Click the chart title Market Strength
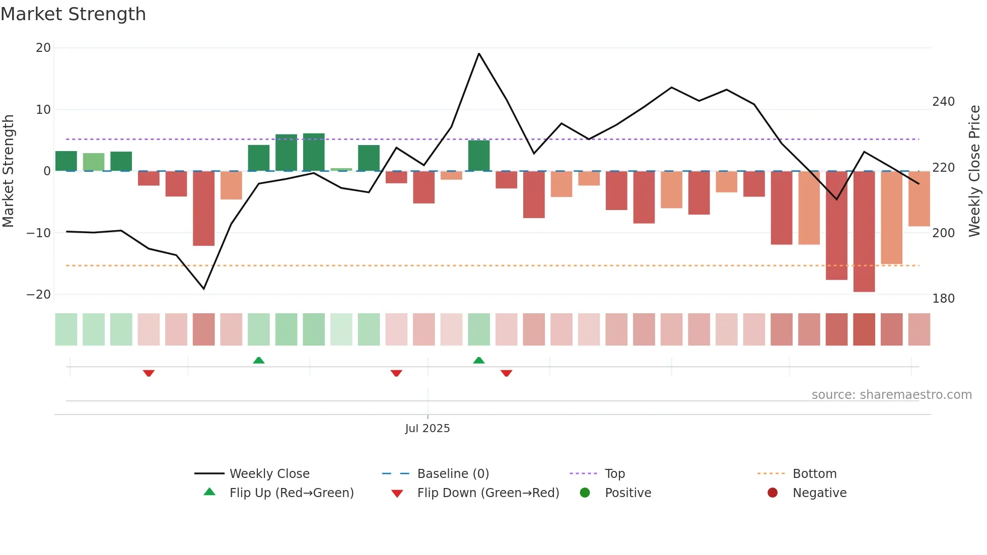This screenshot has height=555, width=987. tap(73, 14)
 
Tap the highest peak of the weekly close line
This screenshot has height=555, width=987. tap(479, 53)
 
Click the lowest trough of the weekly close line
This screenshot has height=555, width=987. tap(204, 289)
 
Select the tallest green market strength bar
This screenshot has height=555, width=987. tap(314, 152)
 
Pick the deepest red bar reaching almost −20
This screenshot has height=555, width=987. tap(864, 232)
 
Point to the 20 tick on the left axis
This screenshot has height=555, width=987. tap(43, 48)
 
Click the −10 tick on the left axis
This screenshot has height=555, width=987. tap(39, 233)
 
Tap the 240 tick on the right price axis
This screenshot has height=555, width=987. tap(943, 102)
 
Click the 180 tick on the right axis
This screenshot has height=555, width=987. tap(943, 299)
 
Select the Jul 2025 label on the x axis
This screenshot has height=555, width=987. tap(428, 429)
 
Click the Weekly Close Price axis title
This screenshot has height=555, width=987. tap(974, 171)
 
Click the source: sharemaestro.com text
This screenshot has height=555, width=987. tap(891, 395)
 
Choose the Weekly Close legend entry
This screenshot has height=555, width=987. tap(269, 474)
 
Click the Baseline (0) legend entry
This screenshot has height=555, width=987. tap(453, 474)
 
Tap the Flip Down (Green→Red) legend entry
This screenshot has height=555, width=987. tap(488, 493)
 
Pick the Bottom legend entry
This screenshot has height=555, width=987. tap(814, 474)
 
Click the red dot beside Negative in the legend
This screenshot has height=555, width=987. tap(772, 493)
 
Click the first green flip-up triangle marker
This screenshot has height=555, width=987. tap(259, 360)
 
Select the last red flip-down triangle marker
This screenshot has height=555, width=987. tap(507, 373)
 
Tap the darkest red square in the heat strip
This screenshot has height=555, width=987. tap(864, 329)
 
